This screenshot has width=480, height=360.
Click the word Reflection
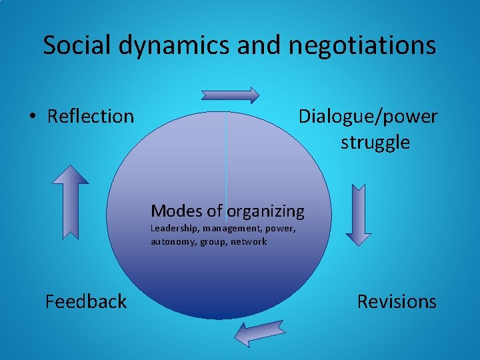[x=91, y=117]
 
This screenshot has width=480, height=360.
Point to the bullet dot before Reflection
[x=33, y=117]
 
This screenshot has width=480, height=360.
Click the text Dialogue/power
[x=368, y=117]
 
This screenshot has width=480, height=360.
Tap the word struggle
[x=375, y=143]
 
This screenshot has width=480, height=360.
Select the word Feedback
[x=85, y=302]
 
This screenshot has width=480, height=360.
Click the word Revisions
[x=397, y=302]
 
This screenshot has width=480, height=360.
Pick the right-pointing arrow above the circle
[x=231, y=95]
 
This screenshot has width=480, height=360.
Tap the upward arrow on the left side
[x=70, y=201]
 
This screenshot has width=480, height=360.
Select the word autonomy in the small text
[x=173, y=241]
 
